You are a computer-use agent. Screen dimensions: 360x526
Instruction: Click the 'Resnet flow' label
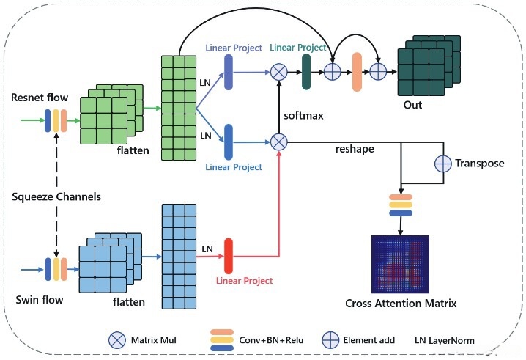(40, 97)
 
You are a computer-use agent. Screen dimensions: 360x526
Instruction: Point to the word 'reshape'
(354, 149)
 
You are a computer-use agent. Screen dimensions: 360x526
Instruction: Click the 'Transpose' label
(480, 163)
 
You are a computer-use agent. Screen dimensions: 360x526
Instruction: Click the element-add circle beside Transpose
(444, 163)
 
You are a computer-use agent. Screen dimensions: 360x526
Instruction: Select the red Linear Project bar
(228, 254)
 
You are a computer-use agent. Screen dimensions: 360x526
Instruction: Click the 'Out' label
(412, 105)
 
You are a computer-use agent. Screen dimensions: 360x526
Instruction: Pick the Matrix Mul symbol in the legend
(116, 339)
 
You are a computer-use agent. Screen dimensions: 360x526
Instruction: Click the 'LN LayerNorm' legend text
(445, 340)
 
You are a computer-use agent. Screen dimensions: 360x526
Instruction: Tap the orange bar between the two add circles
(357, 71)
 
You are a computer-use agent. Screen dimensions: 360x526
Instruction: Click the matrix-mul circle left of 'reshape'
(278, 141)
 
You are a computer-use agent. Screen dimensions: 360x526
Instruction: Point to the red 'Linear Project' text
(244, 281)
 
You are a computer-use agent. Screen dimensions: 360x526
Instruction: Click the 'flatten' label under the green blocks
(133, 151)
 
